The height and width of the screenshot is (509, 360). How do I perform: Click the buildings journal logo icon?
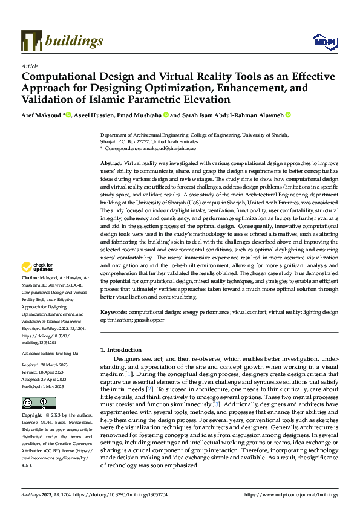(x=31, y=41)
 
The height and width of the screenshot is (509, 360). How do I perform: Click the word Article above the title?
(x=30, y=66)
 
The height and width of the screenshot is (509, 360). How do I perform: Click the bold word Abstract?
(x=111, y=164)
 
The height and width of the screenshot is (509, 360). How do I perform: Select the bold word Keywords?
(x=113, y=312)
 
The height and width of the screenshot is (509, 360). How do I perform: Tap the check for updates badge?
(x=38, y=267)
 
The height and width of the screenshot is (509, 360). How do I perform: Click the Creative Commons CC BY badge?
(x=38, y=403)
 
